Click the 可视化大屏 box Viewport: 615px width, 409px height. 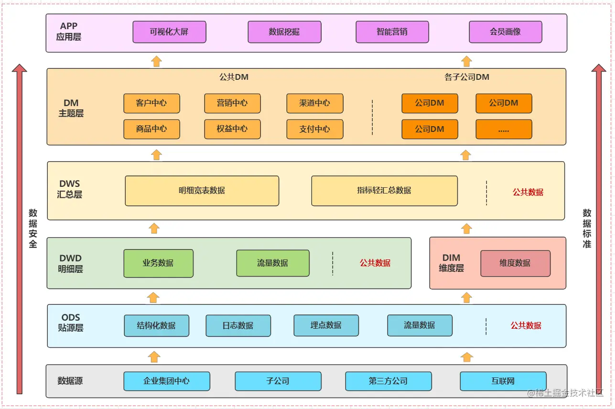(x=169, y=32)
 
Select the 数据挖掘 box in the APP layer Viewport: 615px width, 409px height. (x=284, y=32)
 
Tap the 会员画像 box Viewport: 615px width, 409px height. (x=505, y=32)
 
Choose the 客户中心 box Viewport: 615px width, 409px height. (x=151, y=103)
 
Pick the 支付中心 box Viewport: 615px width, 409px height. (x=314, y=129)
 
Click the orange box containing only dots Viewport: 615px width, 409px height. (x=504, y=129)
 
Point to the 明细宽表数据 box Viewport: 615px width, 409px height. (x=202, y=191)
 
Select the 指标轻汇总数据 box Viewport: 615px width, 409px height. (x=384, y=191)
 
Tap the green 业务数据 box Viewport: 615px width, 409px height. (x=158, y=263)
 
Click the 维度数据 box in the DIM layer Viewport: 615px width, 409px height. (x=515, y=263)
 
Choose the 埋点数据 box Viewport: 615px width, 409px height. (x=326, y=325)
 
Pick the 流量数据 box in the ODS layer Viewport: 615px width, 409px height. (x=420, y=325)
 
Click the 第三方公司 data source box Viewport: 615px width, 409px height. (x=388, y=381)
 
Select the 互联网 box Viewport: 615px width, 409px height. (x=503, y=381)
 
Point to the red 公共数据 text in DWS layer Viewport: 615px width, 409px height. (x=528, y=193)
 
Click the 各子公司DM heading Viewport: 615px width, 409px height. (x=467, y=77)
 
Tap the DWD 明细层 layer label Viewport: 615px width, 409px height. (x=71, y=264)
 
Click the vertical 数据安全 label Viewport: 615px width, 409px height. (x=32, y=228)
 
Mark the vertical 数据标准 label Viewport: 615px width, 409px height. (x=587, y=228)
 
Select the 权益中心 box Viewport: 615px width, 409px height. (x=232, y=129)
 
